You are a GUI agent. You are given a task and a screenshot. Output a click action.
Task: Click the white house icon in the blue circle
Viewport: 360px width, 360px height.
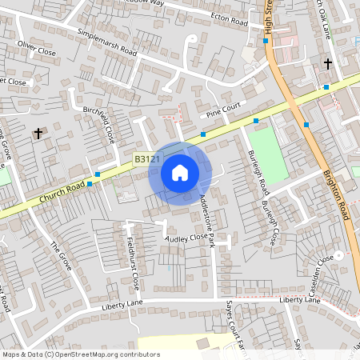pos(180,172)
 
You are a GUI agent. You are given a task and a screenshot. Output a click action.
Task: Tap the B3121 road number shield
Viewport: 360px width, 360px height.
pos(148,160)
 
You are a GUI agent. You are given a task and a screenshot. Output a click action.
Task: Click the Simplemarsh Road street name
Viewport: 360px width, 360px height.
pos(107,43)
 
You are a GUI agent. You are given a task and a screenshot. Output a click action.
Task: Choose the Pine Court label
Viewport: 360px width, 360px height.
pos(223,110)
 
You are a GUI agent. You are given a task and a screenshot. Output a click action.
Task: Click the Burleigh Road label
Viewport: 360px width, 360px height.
pos(258,171)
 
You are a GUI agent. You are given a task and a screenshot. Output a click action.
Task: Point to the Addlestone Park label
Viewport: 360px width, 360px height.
pos(208,219)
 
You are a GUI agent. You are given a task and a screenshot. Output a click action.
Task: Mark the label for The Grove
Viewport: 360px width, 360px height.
pos(61,257)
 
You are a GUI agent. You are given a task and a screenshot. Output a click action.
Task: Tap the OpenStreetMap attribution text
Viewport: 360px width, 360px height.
pos(81,354)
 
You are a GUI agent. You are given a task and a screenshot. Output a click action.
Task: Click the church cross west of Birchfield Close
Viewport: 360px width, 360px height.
pos(38,134)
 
